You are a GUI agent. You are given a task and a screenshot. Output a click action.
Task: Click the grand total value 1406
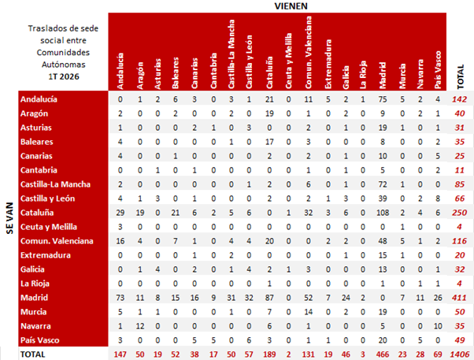click(x=460, y=354)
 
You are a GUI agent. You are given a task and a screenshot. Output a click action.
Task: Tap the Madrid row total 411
click(x=460, y=298)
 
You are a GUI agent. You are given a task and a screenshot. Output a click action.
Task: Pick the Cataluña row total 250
click(x=460, y=213)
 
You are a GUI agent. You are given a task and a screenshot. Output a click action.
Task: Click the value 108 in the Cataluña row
click(x=383, y=213)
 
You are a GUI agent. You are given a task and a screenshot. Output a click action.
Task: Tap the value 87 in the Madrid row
click(x=269, y=298)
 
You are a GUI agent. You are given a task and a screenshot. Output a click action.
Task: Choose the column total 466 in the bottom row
click(x=383, y=354)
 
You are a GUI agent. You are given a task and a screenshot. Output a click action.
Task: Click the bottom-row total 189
click(x=269, y=354)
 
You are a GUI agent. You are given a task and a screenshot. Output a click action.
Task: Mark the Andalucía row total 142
click(x=460, y=99)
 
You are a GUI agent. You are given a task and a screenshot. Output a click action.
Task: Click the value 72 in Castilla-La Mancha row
click(x=383, y=184)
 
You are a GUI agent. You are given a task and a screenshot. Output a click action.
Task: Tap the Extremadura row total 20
click(x=460, y=255)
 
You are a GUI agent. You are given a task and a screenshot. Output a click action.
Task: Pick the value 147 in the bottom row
click(x=120, y=354)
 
